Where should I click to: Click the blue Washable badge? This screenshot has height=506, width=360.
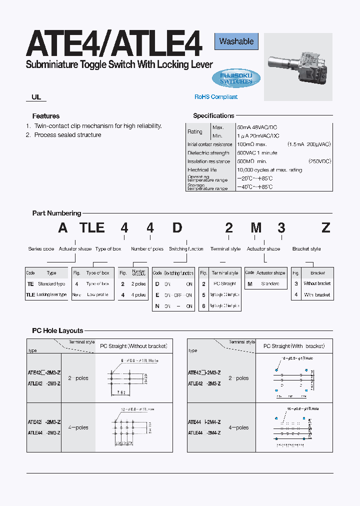click(236, 41)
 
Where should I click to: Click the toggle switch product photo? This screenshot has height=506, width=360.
click(298, 64)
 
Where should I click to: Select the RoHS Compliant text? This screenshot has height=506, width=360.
click(216, 97)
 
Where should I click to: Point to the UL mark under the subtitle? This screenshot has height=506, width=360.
click(36, 97)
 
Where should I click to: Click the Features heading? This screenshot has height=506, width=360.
click(46, 116)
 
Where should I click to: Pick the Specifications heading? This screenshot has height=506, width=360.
click(213, 115)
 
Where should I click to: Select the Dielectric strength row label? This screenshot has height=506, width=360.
click(208, 153)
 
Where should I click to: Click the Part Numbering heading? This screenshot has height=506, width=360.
click(56, 213)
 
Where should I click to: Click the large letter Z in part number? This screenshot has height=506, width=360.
click(326, 228)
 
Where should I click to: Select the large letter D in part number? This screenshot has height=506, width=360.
click(177, 228)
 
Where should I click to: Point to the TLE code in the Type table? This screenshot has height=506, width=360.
click(30, 295)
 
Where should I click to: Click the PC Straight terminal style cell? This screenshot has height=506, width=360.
click(225, 284)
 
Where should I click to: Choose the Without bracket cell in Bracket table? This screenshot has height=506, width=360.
click(317, 284)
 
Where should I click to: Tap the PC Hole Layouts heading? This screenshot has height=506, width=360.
click(57, 330)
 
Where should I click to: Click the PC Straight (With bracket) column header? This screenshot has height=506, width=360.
click(294, 346)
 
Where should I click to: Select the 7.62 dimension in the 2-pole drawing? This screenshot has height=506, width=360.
click(121, 392)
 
